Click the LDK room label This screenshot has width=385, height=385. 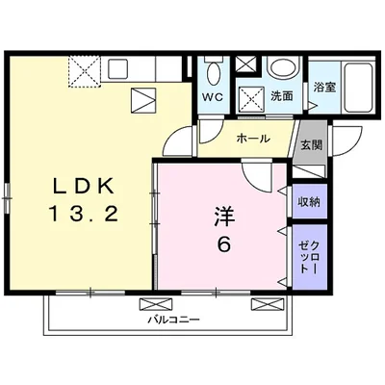tap(84, 186)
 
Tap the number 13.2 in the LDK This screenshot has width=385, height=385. tap(84, 214)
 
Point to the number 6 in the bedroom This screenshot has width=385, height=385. tap(224, 245)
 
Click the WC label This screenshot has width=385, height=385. tap(212, 97)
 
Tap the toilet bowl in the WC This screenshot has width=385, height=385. tap(213, 74)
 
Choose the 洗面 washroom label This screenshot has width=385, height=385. tap(282, 96)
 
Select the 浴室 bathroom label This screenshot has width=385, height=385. tap(324, 88)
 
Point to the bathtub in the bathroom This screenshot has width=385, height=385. tap(358, 87)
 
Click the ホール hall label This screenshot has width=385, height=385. tap(253, 139)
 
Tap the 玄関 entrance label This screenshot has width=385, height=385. tap(311, 145)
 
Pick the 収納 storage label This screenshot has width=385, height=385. tap(309, 201)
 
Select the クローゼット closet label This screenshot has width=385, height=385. tap(309, 257)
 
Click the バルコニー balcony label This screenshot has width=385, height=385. tap(173, 320)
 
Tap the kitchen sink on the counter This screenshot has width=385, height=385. tap(117, 68)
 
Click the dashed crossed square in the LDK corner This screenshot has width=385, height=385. tap(85, 71)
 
